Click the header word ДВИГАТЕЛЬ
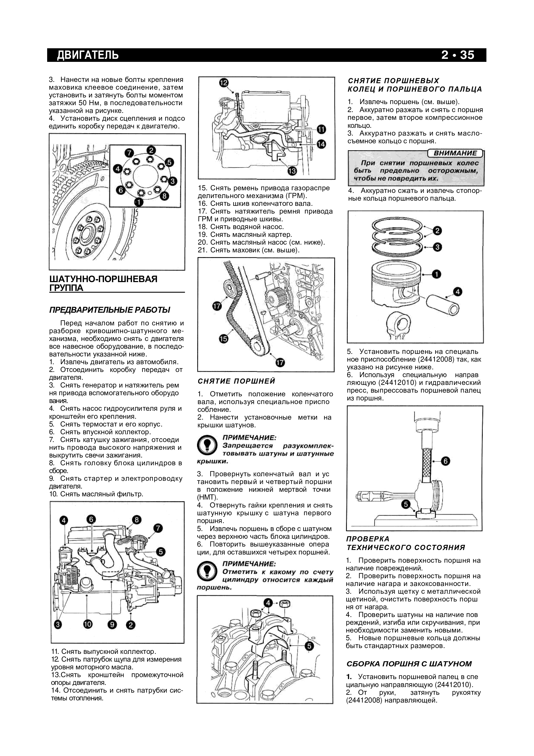(x=88, y=55)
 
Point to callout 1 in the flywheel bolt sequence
(x=139, y=202)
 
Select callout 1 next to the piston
(x=437, y=274)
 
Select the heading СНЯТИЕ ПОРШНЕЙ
(x=236, y=381)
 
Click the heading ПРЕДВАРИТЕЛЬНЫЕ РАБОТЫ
(x=110, y=310)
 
